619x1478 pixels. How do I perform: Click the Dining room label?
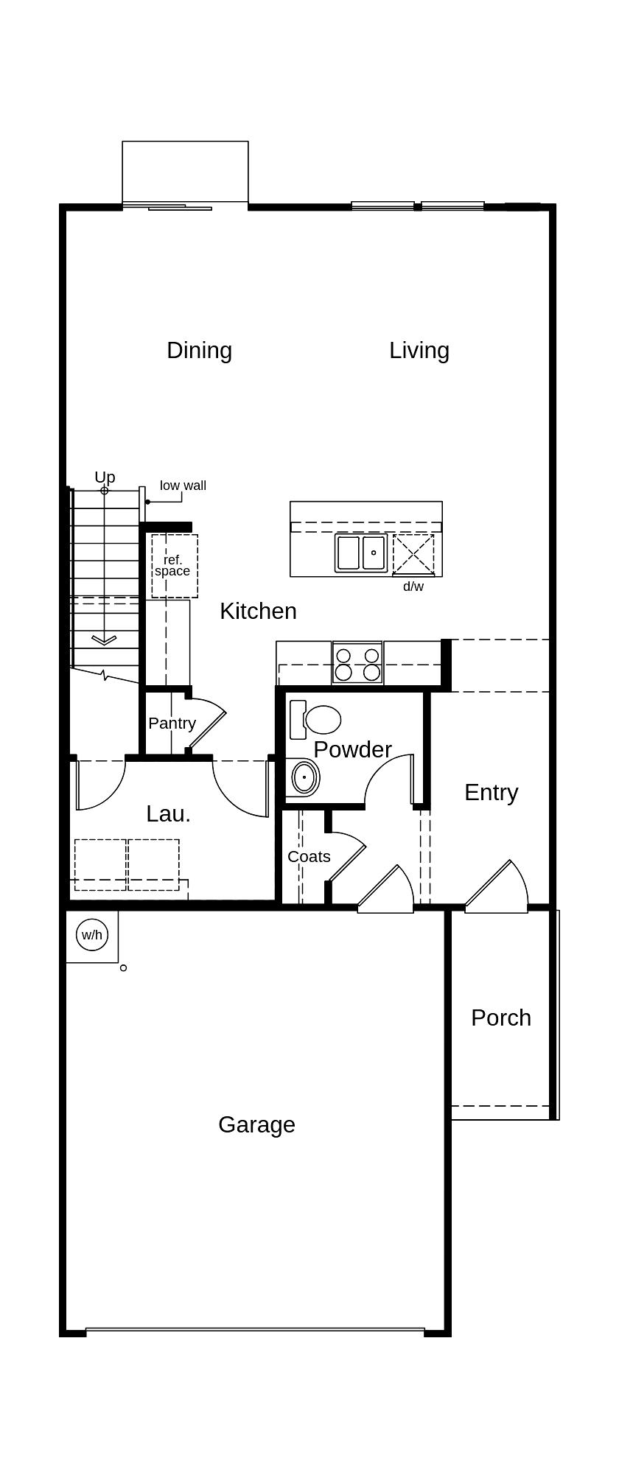[x=199, y=350]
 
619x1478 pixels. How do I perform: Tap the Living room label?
[x=419, y=350]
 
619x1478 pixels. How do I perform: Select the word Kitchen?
[x=258, y=611]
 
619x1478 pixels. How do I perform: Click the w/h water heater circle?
[x=92, y=935]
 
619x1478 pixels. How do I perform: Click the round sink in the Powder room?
[x=304, y=777]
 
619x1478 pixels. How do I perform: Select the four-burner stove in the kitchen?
[x=357, y=663]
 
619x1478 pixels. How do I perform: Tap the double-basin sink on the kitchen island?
[x=361, y=553]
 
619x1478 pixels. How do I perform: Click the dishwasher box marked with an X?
[x=413, y=554]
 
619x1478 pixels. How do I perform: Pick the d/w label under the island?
[x=413, y=586]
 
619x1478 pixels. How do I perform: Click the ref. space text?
[x=172, y=565]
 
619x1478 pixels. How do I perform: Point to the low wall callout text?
[x=183, y=486]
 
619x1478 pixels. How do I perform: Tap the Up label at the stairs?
[x=105, y=477]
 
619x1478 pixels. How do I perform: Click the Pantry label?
[x=172, y=723]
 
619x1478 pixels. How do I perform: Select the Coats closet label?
[x=309, y=856]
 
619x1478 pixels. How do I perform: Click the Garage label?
[x=256, y=1124]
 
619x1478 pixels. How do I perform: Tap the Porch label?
[x=501, y=1018]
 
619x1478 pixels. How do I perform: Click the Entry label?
[x=491, y=792]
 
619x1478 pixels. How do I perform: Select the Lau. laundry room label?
[x=168, y=813]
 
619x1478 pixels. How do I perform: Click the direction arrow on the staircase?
[x=104, y=640]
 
